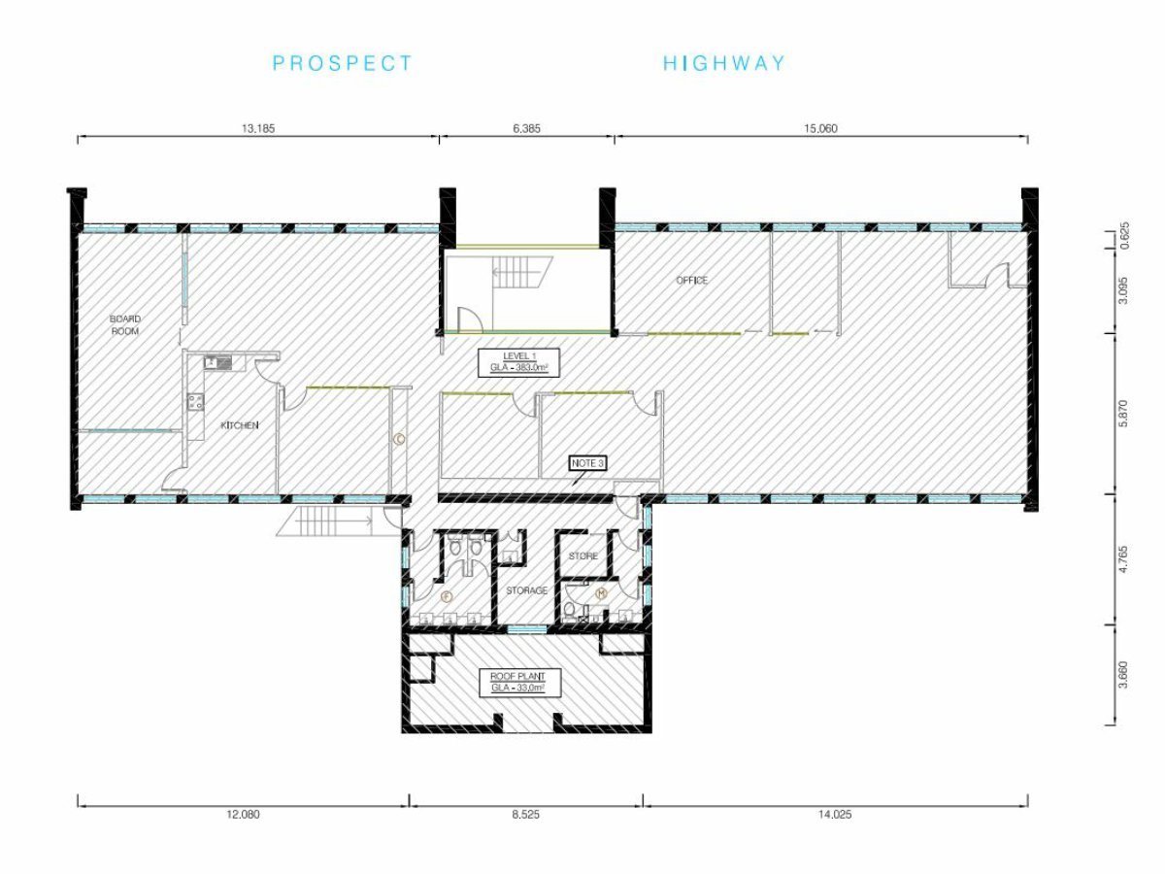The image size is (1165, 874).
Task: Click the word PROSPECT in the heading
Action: pos(343,63)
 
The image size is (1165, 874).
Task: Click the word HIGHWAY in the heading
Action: pos(724,63)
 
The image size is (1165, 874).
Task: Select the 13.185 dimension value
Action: pos(258,128)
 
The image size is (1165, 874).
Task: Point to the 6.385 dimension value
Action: pos(527,128)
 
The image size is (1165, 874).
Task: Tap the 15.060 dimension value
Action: pos(820,128)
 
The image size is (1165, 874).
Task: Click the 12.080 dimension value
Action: pos(243,814)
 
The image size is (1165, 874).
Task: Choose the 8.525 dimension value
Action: pos(526,814)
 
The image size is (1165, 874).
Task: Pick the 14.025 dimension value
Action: pos(835,814)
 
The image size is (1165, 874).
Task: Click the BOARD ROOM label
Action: pos(125,324)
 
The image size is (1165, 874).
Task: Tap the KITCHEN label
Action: pos(240,425)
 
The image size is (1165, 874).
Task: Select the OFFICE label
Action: pos(691,281)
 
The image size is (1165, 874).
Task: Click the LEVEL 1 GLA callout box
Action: pos(519,362)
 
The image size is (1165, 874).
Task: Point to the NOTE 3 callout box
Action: pos(587,463)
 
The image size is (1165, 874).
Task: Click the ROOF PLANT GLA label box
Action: pos(518,682)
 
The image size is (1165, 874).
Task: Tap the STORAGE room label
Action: pos(526,590)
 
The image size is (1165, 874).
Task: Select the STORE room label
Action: pos(583,556)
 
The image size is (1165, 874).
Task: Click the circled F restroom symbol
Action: pos(448,597)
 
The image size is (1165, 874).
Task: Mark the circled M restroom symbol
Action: pos(601,593)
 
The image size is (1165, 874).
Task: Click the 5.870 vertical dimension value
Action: pos(1122,413)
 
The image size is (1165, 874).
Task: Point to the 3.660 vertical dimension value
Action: pos(1122,675)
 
